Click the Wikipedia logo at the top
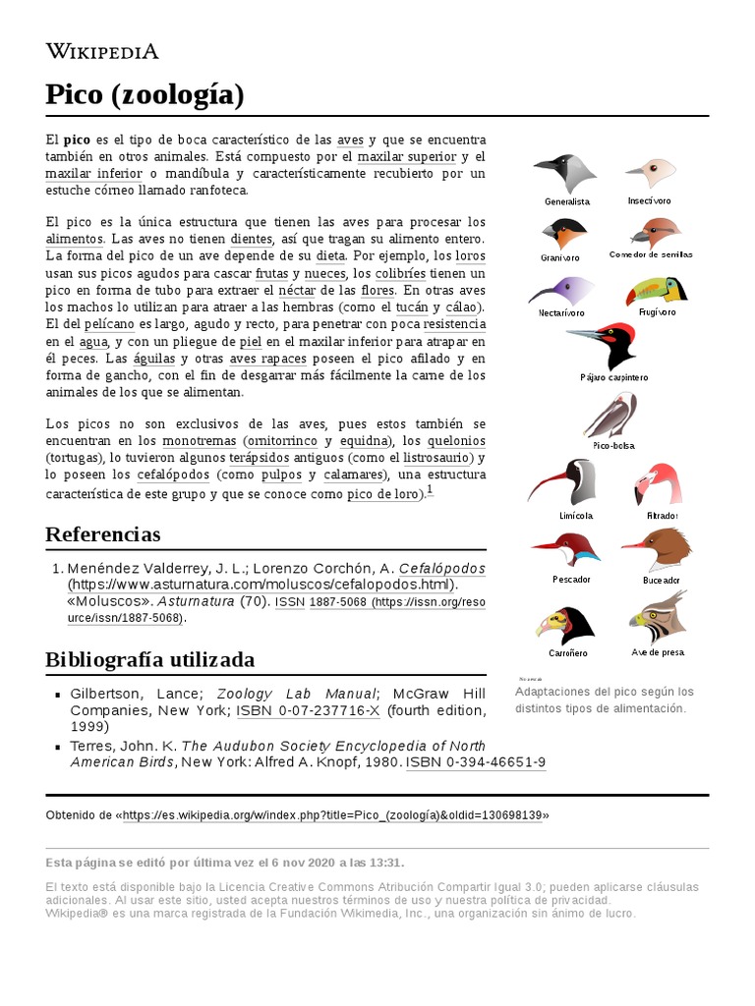click(x=102, y=52)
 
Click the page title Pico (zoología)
click(x=145, y=95)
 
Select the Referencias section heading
click(x=103, y=534)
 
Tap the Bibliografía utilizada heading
click(x=149, y=659)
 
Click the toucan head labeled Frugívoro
click(x=657, y=292)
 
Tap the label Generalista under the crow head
click(x=567, y=201)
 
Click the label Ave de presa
click(x=657, y=652)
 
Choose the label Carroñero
click(x=567, y=652)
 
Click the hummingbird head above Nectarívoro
click(x=560, y=290)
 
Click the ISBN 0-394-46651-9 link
click(x=476, y=762)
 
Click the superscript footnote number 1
click(x=430, y=490)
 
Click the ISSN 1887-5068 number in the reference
click(x=338, y=601)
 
